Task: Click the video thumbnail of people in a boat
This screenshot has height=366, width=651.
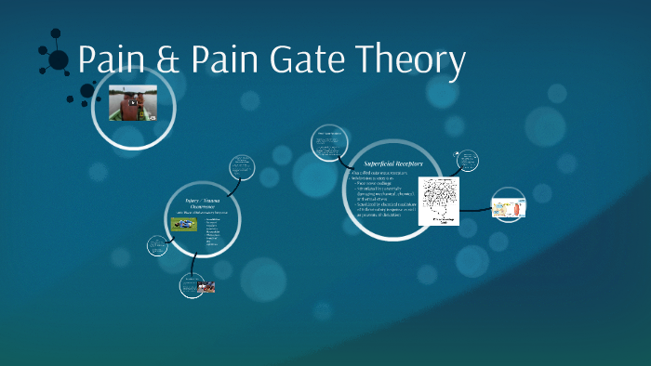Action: (132, 103)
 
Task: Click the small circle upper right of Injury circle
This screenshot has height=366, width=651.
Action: (244, 169)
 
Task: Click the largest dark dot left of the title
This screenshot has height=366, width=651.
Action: (59, 60)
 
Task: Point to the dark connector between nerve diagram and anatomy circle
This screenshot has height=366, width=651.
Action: (474, 210)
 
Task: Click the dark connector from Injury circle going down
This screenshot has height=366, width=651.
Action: (192, 265)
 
